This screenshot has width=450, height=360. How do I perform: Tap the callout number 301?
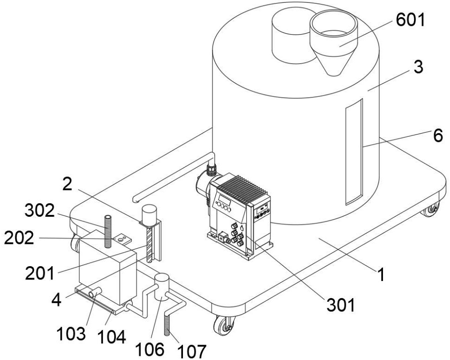pyautogui.click(x=341, y=305)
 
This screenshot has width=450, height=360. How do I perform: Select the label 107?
pyautogui.click(x=192, y=351)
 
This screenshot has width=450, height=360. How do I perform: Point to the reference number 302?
pyautogui.click(x=40, y=211)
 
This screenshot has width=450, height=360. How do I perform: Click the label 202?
pyautogui.click(x=19, y=238)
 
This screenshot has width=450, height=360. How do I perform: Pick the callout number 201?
pyautogui.click(x=40, y=273)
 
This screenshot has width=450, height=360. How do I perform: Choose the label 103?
pyautogui.click(x=71, y=334)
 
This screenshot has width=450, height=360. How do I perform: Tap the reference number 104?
pyautogui.click(x=111, y=337)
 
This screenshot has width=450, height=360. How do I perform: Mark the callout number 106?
pyautogui.click(x=150, y=349)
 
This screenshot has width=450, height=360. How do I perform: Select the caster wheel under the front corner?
pyautogui.click(x=224, y=325)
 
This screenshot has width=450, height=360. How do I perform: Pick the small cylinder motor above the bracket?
pyautogui.click(x=150, y=214)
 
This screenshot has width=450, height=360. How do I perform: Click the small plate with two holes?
pyautogui.click(x=122, y=239)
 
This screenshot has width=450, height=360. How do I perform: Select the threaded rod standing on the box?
pyautogui.click(x=108, y=231)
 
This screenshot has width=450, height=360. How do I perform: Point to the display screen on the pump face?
pyautogui.click(x=224, y=198)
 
